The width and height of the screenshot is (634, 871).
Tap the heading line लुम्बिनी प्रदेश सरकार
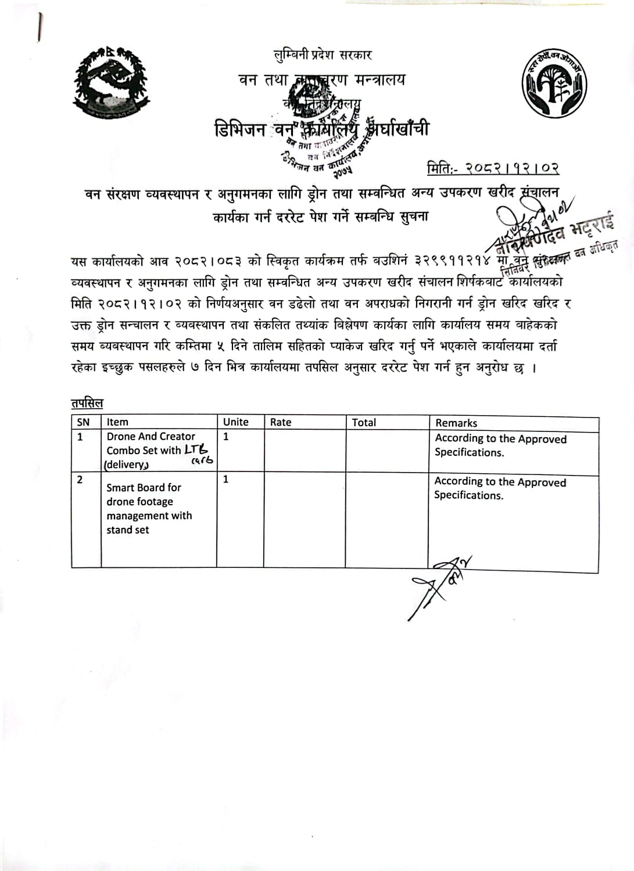click(x=323, y=55)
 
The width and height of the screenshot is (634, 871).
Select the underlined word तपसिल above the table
click(x=87, y=403)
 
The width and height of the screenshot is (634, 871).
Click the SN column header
click(x=84, y=422)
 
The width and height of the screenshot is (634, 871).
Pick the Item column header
click(x=117, y=422)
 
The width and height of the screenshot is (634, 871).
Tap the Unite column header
click(x=235, y=422)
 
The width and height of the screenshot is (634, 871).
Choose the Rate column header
click(x=281, y=422)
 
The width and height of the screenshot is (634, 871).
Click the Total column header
click(x=364, y=423)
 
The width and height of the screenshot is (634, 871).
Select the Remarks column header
click(x=456, y=423)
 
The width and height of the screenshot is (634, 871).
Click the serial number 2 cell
click(x=80, y=480)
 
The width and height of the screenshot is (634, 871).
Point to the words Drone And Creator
click(x=151, y=437)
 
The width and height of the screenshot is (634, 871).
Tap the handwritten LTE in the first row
click(x=196, y=449)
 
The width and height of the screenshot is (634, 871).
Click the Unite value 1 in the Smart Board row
click(x=226, y=480)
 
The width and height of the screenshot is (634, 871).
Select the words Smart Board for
click(x=144, y=488)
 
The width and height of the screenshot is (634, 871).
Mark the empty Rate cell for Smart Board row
click(x=305, y=520)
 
